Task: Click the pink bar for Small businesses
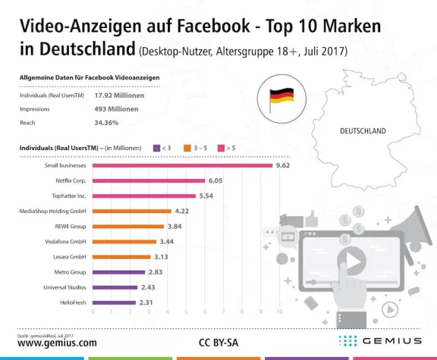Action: point(182,165)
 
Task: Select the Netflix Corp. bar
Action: point(149,180)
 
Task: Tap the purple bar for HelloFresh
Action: point(114,302)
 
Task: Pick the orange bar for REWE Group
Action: point(128,226)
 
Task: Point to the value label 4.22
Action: point(182,211)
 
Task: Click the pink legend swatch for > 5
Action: point(221,148)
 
